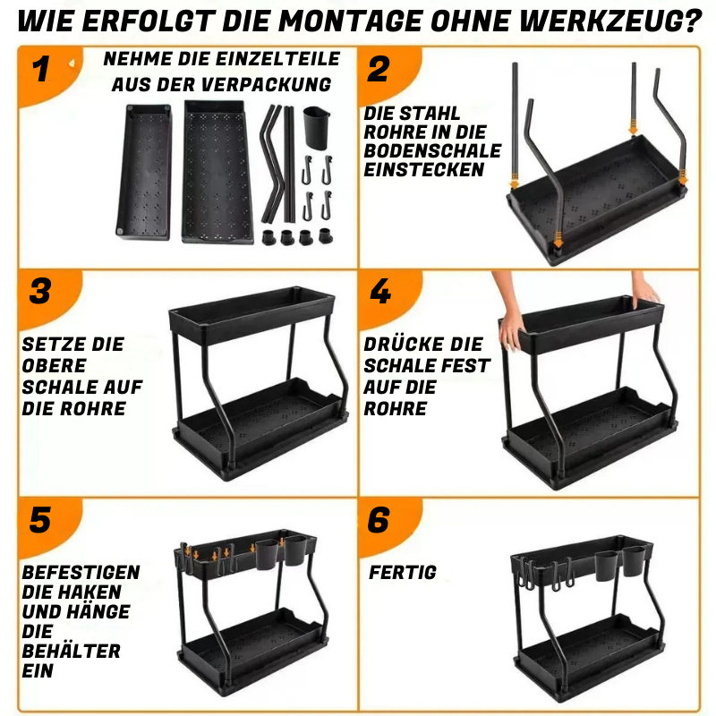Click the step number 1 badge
tap(40, 70)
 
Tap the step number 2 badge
tap(379, 70)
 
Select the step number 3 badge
tap(40, 292)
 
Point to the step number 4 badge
tap(379, 292)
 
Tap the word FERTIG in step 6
tap(403, 572)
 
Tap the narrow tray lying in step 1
tap(143, 175)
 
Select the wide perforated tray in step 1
tap(215, 170)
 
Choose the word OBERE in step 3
tap(55, 366)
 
